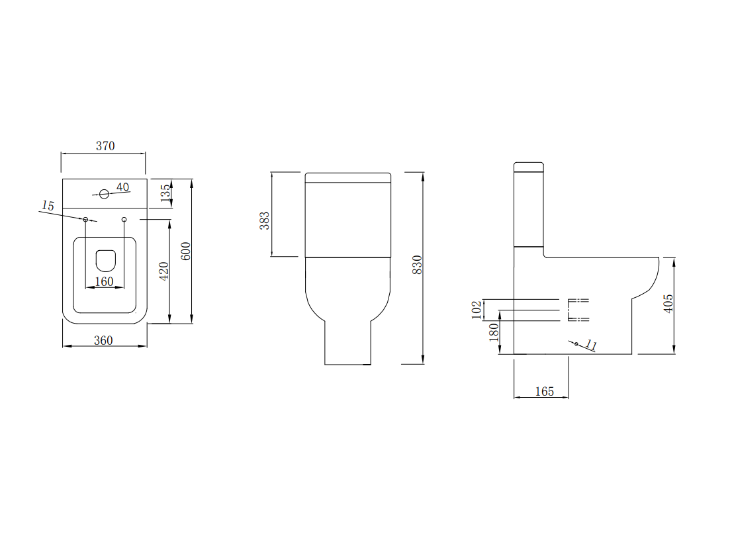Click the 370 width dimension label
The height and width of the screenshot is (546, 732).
[x=105, y=146]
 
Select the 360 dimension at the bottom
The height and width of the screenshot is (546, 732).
[x=103, y=340]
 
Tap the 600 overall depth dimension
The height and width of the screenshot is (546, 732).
[x=186, y=251]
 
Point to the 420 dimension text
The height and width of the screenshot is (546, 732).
[x=165, y=270]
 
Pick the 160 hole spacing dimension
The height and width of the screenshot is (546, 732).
[x=105, y=281]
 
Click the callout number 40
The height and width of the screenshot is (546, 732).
[x=123, y=187]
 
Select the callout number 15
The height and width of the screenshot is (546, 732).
[x=48, y=206]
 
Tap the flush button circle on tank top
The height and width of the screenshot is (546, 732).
[x=104, y=195]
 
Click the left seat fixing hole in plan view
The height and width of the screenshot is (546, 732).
[x=85, y=219]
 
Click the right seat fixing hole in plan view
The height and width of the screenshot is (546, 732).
[x=124, y=219]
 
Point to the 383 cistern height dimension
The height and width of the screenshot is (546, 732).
[x=265, y=220]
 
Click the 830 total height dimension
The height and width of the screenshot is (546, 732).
[x=417, y=265]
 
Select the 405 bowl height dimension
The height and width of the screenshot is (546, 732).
[x=668, y=303]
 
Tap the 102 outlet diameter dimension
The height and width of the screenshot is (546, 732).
[x=477, y=310]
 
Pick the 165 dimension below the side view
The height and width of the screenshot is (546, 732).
[x=544, y=392]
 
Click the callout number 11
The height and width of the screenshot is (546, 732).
[x=591, y=345]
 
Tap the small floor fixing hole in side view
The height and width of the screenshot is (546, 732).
[x=576, y=344]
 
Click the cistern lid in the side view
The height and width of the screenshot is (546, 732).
[x=529, y=167]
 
